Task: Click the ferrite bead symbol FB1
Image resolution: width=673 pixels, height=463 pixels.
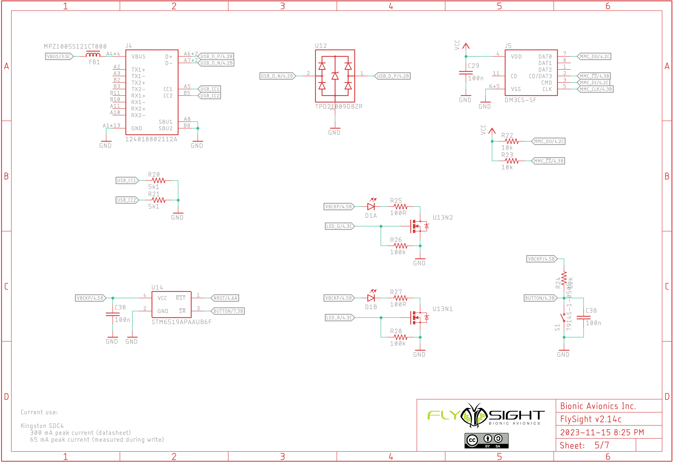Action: click(x=93, y=55)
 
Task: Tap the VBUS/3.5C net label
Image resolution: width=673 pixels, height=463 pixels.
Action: click(x=59, y=56)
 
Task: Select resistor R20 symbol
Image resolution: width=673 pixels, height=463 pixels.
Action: click(x=158, y=180)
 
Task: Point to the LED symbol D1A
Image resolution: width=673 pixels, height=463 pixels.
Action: click(x=371, y=206)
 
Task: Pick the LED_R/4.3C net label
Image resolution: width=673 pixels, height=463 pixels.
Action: click(x=339, y=318)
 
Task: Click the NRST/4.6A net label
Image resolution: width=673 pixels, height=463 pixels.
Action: click(x=225, y=298)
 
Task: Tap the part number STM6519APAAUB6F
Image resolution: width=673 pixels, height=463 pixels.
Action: click(x=182, y=322)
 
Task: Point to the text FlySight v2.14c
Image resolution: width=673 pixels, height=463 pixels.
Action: click(x=591, y=419)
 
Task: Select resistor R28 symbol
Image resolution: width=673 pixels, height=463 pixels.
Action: click(x=400, y=337)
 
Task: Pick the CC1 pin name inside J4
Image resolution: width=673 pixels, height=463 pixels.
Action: click(x=168, y=89)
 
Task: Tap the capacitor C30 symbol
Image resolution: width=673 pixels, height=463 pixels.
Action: click(x=113, y=314)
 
